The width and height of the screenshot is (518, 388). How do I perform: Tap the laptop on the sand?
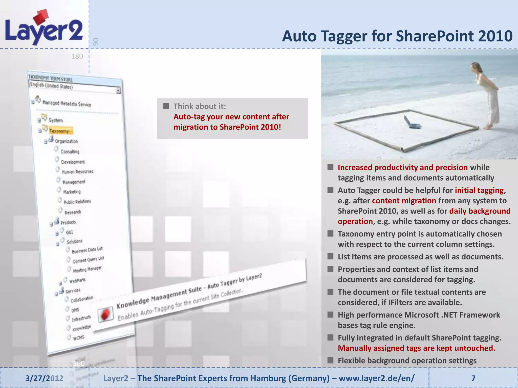click(x=411, y=123)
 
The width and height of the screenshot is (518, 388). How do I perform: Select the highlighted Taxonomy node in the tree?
click(x=59, y=131)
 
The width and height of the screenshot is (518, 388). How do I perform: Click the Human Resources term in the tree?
click(x=77, y=172)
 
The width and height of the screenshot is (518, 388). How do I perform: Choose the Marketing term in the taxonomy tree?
click(x=72, y=192)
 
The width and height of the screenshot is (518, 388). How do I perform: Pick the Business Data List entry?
click(x=87, y=250)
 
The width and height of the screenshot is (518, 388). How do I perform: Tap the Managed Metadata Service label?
click(x=67, y=104)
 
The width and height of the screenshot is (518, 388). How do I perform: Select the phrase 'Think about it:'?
click(x=200, y=106)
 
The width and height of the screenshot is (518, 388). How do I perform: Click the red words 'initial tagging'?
click(x=479, y=190)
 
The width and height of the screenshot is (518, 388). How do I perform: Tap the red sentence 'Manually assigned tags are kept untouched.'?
click(x=416, y=348)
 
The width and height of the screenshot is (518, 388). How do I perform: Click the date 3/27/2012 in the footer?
click(x=44, y=378)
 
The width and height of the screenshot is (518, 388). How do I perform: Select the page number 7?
click(x=473, y=378)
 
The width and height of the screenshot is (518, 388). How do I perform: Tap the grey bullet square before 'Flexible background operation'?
click(x=330, y=360)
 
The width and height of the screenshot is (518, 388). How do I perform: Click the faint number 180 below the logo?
click(x=77, y=56)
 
